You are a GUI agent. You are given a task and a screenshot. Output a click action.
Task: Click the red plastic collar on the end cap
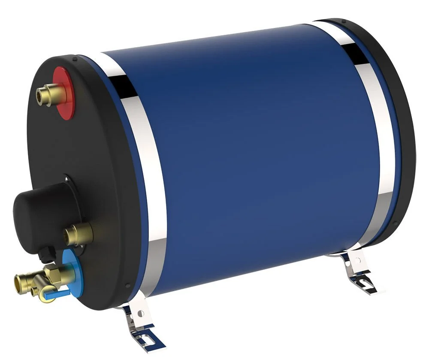coord(66,92)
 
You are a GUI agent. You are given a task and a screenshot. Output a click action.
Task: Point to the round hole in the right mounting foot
coord(354,262)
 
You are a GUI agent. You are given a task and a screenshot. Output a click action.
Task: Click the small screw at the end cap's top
coord(75,59)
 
